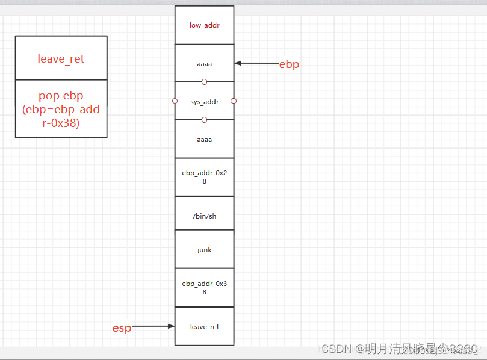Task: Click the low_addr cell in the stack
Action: [204, 25]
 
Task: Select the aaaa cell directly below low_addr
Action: [204, 63]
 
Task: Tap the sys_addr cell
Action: [204, 101]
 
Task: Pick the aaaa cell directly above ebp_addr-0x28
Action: [204, 140]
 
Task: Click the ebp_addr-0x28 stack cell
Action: [204, 177]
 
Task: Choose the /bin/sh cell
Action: [204, 216]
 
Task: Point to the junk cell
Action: [204, 249]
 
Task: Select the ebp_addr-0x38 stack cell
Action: [204, 287]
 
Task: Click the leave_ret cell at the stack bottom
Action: [204, 326]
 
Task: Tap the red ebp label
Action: [289, 64]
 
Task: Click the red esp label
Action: [122, 328]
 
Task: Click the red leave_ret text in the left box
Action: [61, 58]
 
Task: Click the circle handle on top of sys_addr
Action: [204, 82]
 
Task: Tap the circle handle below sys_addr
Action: [204, 120]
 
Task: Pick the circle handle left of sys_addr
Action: [175, 101]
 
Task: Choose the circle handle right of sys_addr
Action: [234, 101]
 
